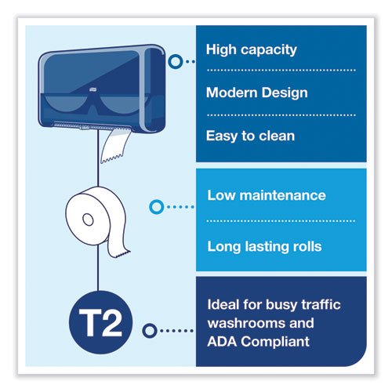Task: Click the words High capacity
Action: (252, 50)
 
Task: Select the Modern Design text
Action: (257, 93)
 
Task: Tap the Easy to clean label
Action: (250, 136)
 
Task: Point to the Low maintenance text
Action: (267, 195)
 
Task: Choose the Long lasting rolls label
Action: (264, 247)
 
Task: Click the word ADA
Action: (222, 342)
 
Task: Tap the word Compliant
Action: (275, 342)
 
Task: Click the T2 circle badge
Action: (101, 322)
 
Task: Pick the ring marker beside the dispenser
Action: (176, 62)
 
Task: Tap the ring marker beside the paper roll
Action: (157, 207)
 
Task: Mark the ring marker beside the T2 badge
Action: (150, 331)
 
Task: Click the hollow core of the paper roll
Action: (88, 220)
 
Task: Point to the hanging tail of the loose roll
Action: (118, 245)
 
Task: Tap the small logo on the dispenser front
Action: (93, 90)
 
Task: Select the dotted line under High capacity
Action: (281, 70)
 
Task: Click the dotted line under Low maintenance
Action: (281, 221)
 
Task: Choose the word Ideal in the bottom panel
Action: (223, 304)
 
